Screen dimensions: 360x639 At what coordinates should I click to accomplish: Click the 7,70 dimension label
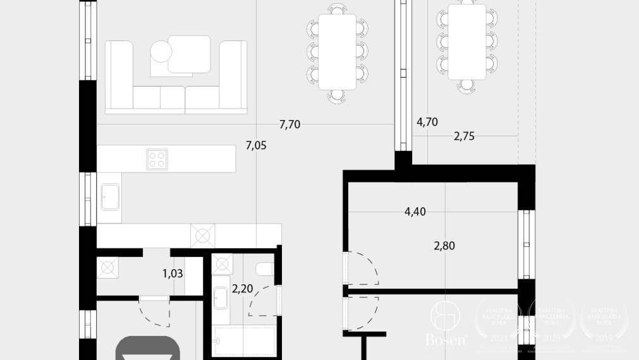pos(289,124)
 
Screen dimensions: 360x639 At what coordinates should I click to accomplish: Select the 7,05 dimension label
pos(256,146)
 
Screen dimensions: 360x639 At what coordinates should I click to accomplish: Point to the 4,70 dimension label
pos(427,122)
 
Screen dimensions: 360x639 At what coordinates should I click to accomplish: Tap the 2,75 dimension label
pos(464,136)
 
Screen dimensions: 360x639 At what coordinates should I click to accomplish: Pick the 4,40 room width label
pos(415,212)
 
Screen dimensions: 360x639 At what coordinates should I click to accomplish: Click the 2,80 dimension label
pos(444,246)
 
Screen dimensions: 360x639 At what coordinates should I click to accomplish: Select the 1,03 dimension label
pos(173,273)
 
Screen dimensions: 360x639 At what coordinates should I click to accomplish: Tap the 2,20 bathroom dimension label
pos(242,290)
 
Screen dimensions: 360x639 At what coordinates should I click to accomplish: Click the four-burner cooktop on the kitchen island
pos(157,159)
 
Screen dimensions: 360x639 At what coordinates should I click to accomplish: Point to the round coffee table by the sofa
pos(161,51)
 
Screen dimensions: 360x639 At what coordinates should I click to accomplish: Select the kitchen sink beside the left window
pos(111,196)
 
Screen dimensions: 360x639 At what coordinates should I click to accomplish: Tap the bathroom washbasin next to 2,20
pos(222,296)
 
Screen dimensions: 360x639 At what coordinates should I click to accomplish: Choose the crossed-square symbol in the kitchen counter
pos(202,236)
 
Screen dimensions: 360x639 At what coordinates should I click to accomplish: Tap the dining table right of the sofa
pos(337,51)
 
